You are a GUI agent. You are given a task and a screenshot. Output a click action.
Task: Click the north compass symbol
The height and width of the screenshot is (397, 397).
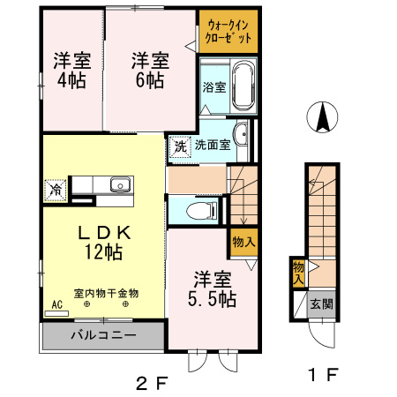[x=324, y=118]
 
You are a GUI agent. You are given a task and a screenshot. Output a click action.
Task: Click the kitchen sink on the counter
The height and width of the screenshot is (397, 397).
[x=119, y=184]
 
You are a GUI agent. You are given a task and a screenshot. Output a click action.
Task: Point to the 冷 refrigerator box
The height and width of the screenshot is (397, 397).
[x=56, y=188]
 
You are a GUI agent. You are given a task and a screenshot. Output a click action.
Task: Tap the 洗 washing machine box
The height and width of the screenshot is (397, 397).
[x=179, y=146]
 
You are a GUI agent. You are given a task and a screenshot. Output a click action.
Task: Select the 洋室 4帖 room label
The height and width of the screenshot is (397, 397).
[x=71, y=71]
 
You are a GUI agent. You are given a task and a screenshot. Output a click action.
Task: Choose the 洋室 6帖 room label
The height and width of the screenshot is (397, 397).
[x=151, y=71]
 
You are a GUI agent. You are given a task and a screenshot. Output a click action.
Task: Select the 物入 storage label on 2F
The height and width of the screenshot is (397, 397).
[x=243, y=240]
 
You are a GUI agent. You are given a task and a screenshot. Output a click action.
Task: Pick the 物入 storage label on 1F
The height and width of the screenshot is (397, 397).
[x=298, y=273]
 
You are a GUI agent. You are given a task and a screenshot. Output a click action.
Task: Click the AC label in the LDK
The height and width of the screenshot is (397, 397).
[x=57, y=305]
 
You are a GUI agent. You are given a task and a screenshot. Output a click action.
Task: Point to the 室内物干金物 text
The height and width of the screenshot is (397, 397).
[x=106, y=292]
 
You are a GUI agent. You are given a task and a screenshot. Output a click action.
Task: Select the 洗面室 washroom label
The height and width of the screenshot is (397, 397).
[x=213, y=146]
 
